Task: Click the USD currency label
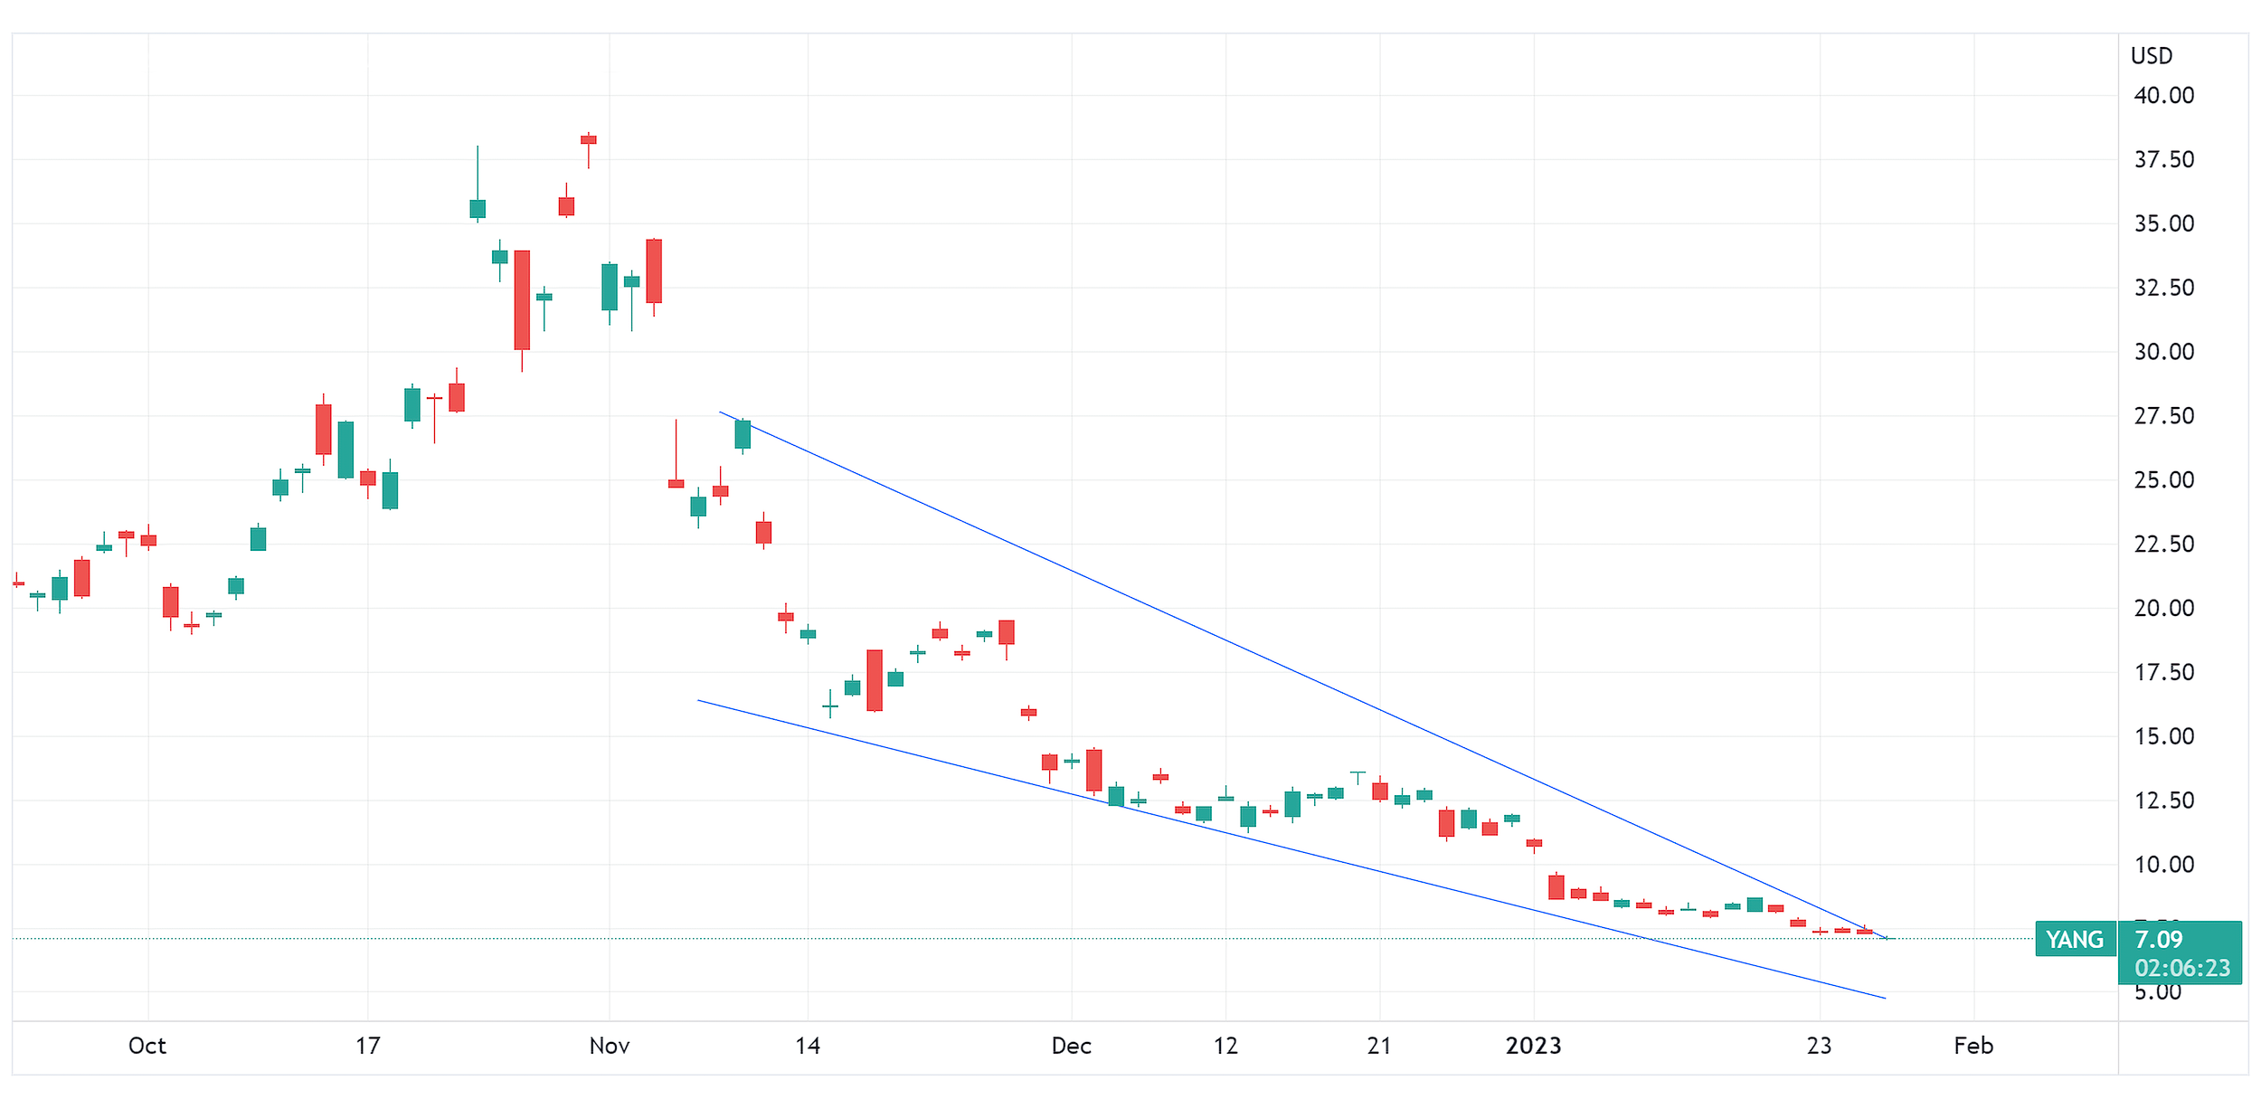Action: click(2151, 56)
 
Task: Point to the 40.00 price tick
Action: click(2163, 96)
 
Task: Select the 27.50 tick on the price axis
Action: click(2163, 416)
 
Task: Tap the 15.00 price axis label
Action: click(2163, 736)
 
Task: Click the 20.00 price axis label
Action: click(2163, 608)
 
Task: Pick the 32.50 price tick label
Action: click(2163, 288)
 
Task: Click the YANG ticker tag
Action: click(2075, 940)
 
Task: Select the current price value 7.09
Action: click(2158, 940)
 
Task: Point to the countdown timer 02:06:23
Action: click(2181, 969)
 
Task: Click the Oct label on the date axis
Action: click(147, 1047)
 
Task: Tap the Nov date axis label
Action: click(609, 1047)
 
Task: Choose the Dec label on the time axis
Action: click(1071, 1047)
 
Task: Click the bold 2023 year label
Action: click(1533, 1047)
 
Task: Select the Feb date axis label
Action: click(1972, 1047)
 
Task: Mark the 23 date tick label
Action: click(1819, 1047)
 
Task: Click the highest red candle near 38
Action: click(588, 140)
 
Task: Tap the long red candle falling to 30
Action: click(522, 299)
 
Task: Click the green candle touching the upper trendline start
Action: click(743, 434)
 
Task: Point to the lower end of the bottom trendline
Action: click(1885, 998)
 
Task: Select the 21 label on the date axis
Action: click(1379, 1047)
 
